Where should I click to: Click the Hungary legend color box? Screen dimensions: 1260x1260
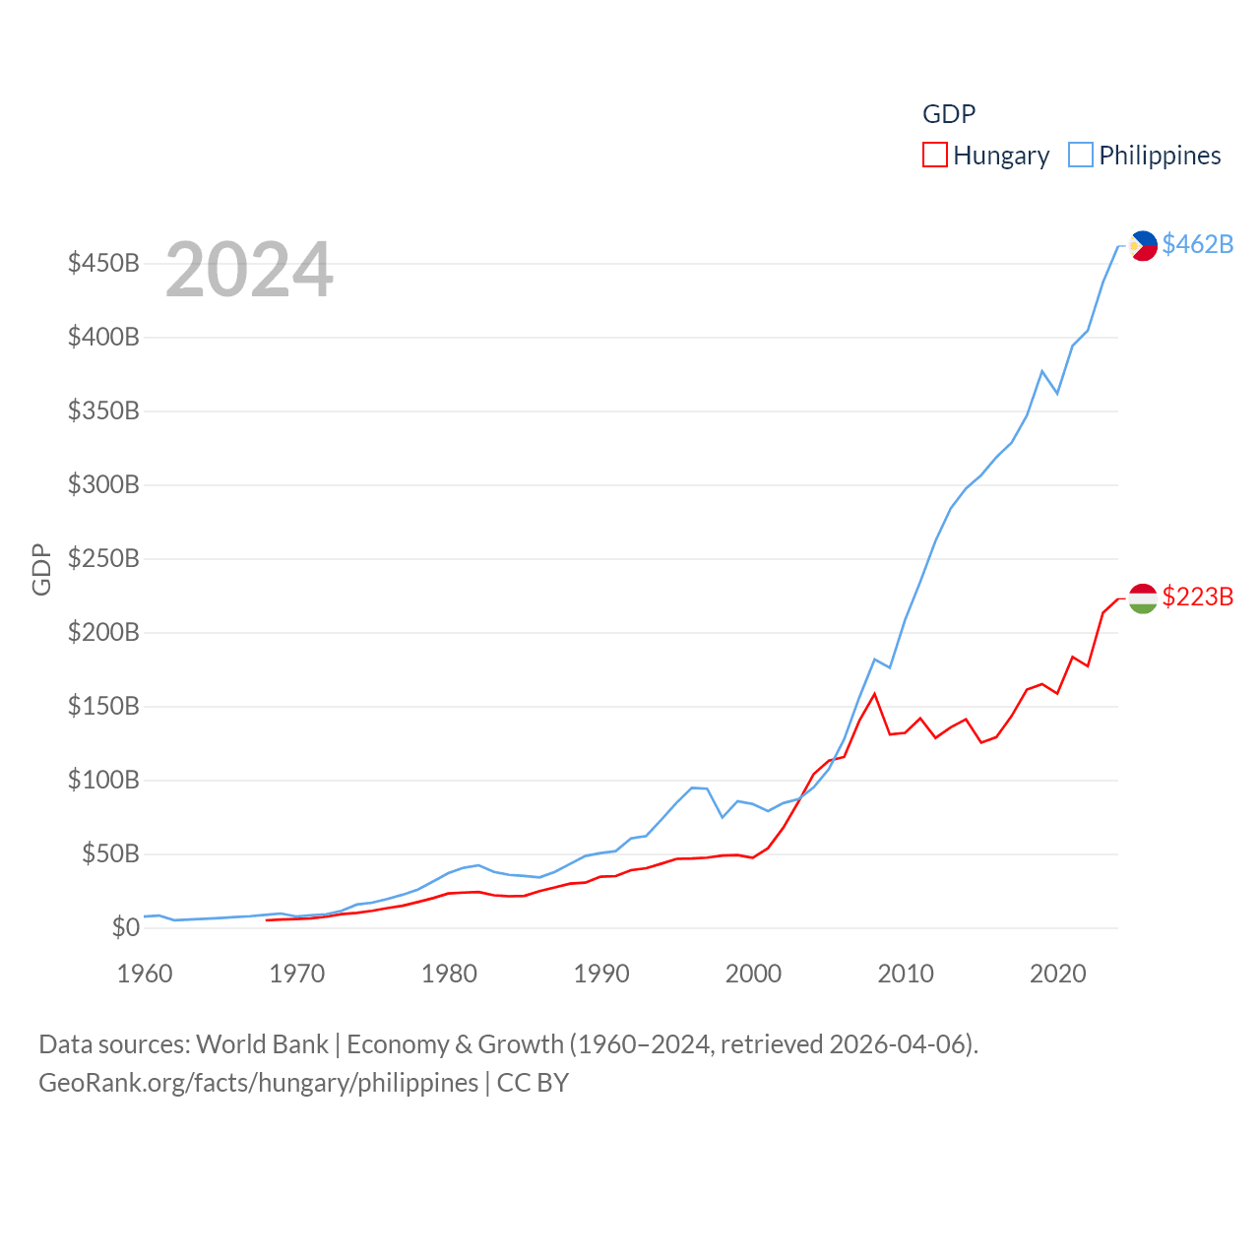(934, 156)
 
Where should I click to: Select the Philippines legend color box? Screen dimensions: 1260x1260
(1080, 156)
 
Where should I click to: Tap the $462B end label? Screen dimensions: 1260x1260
(1197, 244)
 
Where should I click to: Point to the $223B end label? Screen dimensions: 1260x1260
(1197, 597)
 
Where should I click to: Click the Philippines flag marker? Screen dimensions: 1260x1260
(1143, 245)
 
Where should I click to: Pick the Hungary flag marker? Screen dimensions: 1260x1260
(1143, 598)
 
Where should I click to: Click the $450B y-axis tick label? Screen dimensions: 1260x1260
(103, 263)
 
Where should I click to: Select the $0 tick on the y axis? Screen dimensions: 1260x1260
(125, 927)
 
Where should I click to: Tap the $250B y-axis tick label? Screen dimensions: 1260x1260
(103, 558)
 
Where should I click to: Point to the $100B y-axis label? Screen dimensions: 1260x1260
(103, 780)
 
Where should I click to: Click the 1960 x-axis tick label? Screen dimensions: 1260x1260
(145, 974)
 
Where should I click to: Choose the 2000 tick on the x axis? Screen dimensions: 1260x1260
(753, 974)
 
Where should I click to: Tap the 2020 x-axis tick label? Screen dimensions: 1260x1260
(1057, 974)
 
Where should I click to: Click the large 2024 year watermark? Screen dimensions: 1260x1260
(249, 270)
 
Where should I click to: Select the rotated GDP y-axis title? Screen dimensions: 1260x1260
(41, 569)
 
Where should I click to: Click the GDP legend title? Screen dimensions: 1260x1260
(949, 114)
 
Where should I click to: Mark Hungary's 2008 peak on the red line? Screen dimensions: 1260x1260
(874, 694)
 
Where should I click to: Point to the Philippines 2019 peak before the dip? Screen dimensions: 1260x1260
(1041, 371)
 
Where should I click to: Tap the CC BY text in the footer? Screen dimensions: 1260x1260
(533, 1083)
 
